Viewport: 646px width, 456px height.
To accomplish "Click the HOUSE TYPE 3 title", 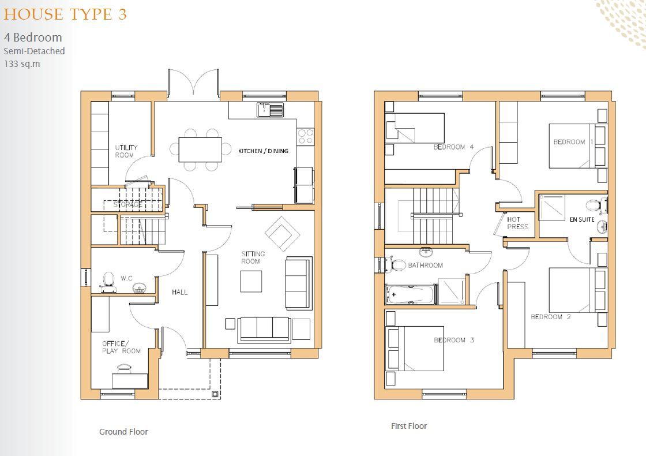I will (x=65, y=14).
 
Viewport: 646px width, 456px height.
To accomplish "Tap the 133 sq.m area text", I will (x=22, y=63).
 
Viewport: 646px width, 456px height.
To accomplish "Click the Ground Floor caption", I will (x=123, y=432).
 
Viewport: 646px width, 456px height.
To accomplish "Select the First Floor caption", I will (x=409, y=426).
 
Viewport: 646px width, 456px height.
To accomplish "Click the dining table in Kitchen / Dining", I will (x=200, y=149).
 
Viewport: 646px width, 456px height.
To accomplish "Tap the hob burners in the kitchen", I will (x=305, y=137).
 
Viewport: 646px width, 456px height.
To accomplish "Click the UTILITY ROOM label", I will (x=126, y=151).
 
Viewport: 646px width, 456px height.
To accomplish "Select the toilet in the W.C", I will (x=107, y=280).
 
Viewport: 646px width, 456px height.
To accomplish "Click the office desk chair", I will (x=124, y=368).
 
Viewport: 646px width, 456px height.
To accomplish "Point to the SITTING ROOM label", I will (x=253, y=257).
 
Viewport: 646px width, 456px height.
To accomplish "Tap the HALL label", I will (x=179, y=292).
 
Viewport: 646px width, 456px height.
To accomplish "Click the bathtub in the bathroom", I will (x=410, y=294).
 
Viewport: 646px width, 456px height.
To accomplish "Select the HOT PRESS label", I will (x=517, y=223).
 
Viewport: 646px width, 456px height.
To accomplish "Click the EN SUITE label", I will (x=581, y=219).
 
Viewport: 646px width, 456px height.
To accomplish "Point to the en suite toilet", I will (x=593, y=204).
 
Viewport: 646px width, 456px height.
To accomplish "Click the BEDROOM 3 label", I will (x=453, y=340).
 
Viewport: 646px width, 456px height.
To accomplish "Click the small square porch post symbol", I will (x=215, y=394).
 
